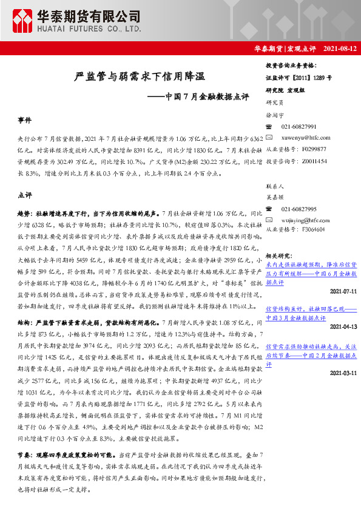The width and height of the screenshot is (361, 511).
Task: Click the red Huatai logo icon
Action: coord(24,21)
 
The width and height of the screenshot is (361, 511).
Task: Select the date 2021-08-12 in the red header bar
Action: coord(339,48)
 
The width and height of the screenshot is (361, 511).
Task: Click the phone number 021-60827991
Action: coord(299,126)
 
